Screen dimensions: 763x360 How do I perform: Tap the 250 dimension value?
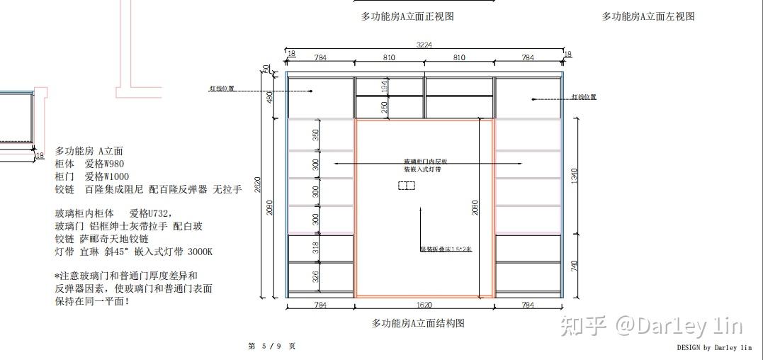385,107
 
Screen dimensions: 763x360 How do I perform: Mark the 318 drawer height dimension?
316,247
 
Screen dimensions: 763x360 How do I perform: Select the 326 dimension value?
316,276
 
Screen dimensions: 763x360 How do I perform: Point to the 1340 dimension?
575,174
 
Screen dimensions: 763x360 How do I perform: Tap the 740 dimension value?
575,266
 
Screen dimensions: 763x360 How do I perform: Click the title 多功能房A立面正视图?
407,16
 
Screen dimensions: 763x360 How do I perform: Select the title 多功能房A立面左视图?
648,16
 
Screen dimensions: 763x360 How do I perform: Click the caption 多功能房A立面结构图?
418,323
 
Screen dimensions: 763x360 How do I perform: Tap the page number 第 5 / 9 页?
272,346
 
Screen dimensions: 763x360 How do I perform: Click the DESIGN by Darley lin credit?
714,348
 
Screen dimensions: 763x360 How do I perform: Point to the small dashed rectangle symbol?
406,186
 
